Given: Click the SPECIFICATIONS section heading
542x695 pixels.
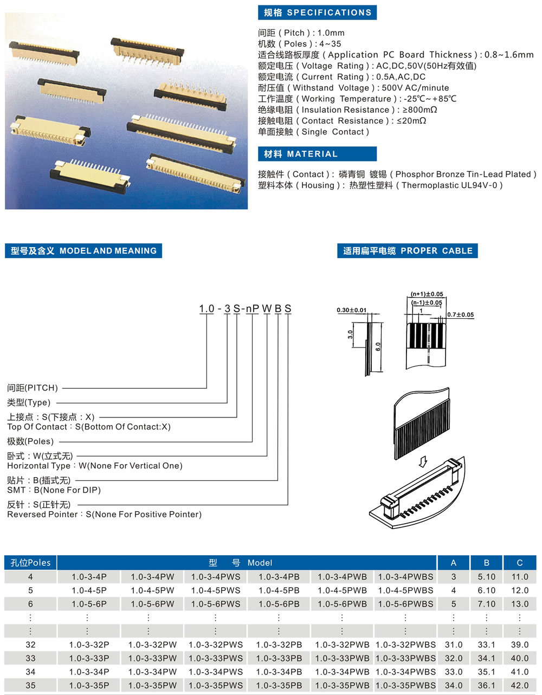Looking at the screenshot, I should [x=317, y=12].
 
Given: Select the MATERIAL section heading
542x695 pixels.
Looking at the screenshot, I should [x=317, y=154].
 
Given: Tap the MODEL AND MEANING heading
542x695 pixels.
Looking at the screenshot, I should [x=83, y=251].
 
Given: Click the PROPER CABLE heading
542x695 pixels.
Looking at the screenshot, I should [x=407, y=251].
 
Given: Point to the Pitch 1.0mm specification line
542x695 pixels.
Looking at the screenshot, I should [x=301, y=33].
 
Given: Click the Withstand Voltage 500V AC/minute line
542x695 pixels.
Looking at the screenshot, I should [x=353, y=88].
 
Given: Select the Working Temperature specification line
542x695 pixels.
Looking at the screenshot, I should [x=357, y=99].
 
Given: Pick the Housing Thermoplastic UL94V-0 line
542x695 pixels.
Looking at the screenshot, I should [x=380, y=185].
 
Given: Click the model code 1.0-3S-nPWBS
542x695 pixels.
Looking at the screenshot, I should [x=245, y=308].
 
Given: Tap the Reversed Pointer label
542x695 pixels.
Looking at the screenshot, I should [x=104, y=514].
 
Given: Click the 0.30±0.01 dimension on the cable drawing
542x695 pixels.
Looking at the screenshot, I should [x=351, y=311].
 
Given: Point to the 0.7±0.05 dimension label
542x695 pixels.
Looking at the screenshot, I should [x=460, y=314].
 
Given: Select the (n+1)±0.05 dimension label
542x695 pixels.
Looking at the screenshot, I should [x=427, y=294].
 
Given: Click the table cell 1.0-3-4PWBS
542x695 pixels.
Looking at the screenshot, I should [x=405, y=577].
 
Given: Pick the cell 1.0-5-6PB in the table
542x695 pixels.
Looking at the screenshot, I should [x=279, y=604].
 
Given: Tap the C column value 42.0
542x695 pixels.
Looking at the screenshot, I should [x=519, y=685].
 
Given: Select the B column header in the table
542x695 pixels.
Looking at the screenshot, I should [x=486, y=563].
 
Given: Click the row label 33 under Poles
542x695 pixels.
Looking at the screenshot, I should [x=30, y=658].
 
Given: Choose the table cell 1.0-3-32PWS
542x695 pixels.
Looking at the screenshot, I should [x=216, y=645].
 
